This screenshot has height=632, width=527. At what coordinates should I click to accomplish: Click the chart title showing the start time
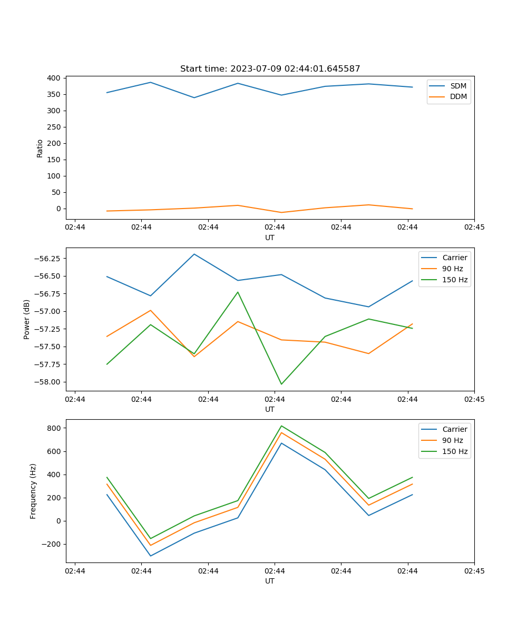[270, 69]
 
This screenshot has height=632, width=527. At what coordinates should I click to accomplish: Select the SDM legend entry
[458, 86]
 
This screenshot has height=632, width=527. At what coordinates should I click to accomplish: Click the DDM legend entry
[458, 96]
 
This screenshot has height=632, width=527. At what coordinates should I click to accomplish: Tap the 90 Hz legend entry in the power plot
[452, 269]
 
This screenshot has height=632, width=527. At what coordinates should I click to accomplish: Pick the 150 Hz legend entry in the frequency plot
[455, 451]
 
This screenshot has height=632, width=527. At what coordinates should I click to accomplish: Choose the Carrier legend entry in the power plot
[454, 258]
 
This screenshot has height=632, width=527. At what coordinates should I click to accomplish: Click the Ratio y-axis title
[40, 148]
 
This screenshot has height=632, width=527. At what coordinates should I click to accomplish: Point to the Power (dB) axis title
[27, 319]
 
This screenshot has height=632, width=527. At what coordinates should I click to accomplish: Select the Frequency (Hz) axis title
[33, 491]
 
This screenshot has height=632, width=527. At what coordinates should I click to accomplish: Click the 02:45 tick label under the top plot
[474, 228]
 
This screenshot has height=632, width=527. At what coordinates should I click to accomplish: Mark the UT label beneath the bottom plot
[270, 581]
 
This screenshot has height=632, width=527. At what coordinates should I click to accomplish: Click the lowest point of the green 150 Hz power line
[281, 384]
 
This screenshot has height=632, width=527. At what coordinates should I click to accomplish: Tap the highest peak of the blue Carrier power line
[194, 254]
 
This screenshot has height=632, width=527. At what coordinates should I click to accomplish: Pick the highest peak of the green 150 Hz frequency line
[281, 426]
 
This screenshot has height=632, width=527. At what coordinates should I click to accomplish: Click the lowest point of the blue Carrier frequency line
[151, 556]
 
